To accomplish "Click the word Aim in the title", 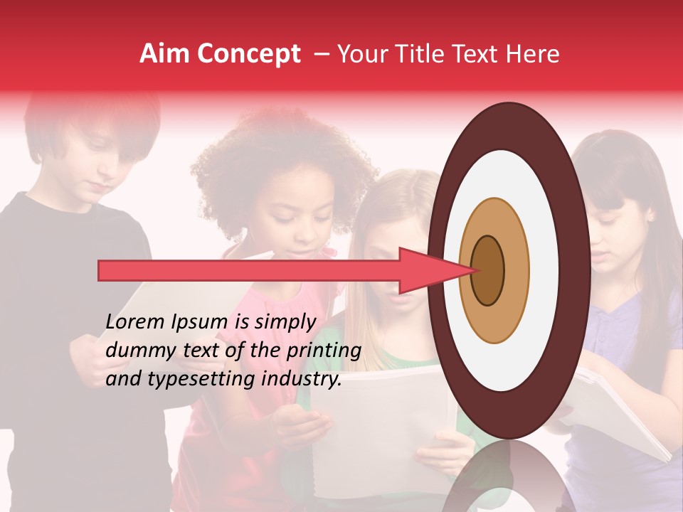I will (x=164, y=54).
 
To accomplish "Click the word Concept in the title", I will (x=248, y=55).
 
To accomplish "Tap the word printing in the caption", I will (x=324, y=351).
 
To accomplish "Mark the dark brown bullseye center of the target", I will (x=487, y=270).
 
